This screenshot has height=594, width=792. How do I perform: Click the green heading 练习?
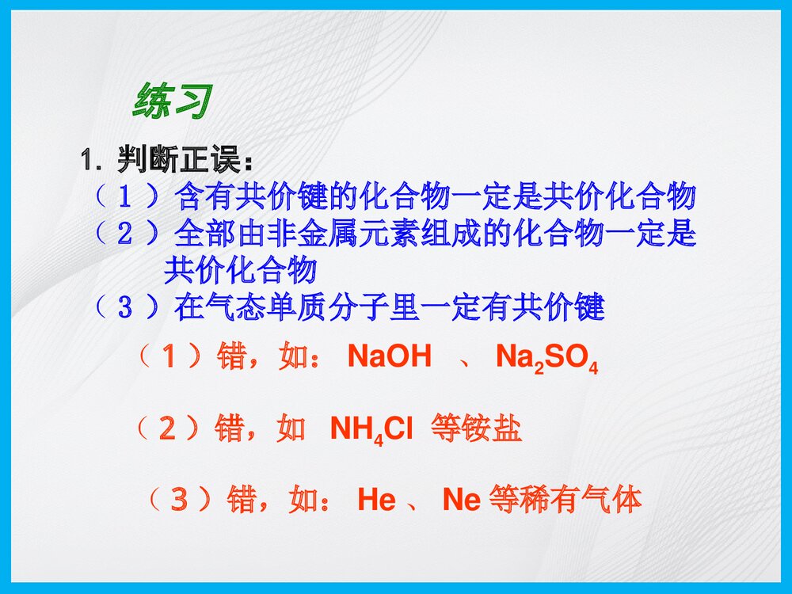pos(173,101)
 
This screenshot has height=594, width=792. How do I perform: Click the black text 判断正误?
pos(185,161)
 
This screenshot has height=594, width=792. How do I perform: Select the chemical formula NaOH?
pos(390,357)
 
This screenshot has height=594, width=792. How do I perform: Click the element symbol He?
pos(377,501)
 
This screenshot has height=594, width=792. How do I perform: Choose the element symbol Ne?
pos(462,501)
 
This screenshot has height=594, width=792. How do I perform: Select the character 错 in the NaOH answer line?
pos(231,357)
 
